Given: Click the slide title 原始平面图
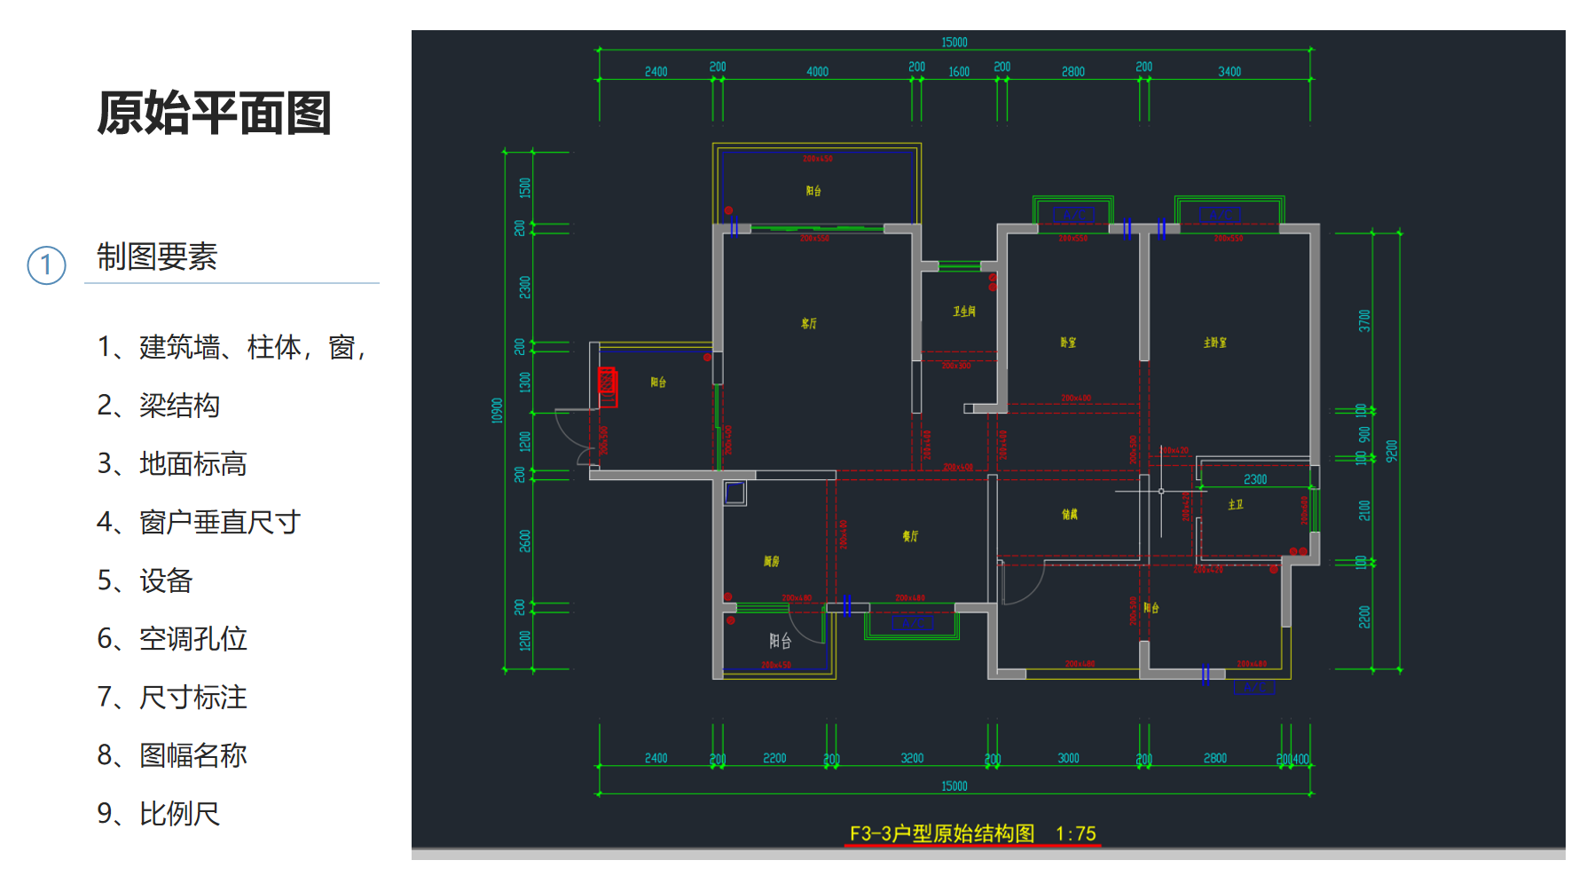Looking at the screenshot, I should [x=214, y=114].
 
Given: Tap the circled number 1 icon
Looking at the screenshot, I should [x=46, y=265].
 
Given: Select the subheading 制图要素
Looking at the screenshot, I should [x=157, y=257].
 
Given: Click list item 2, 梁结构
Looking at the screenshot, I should [x=159, y=406].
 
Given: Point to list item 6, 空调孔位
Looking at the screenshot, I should [x=172, y=639].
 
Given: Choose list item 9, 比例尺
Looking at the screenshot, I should [x=159, y=814].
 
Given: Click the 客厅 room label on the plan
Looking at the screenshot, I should [x=809, y=324].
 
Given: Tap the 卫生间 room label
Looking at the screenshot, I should [x=964, y=312].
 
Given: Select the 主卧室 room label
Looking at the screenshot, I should [x=1215, y=343].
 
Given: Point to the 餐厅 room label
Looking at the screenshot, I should [x=910, y=536].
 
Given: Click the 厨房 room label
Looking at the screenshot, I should [x=772, y=561].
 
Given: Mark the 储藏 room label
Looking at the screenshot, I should [x=1070, y=514].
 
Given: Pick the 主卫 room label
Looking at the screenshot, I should [x=1236, y=504].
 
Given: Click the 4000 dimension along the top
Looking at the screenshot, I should [x=817, y=72].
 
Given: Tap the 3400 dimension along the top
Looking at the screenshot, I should [x=1229, y=72].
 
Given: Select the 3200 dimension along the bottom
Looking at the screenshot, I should [x=912, y=758].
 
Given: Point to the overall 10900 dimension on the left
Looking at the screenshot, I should [x=497, y=410].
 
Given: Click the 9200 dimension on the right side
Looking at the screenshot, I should [x=1392, y=451].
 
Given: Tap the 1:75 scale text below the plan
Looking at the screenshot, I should [x=1075, y=833].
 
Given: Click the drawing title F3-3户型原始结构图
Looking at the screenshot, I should [x=942, y=833].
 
